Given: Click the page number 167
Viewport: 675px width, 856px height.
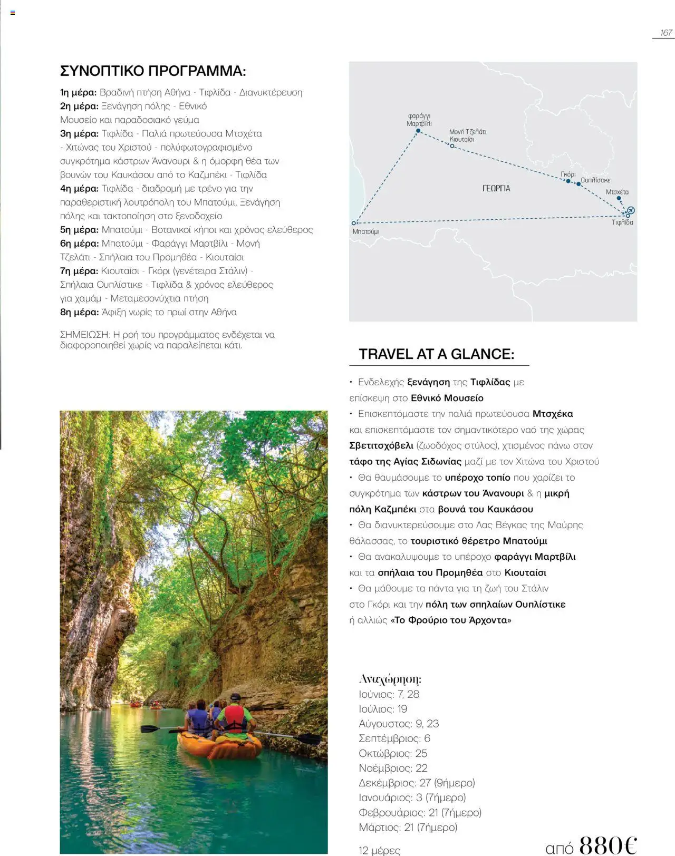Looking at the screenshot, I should [666, 33].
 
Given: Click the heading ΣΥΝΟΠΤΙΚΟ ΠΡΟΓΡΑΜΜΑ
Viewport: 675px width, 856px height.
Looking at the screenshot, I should [153, 71].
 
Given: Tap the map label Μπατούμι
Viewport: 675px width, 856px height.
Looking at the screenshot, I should [366, 231].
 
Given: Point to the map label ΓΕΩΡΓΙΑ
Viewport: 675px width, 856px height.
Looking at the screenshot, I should [496, 188].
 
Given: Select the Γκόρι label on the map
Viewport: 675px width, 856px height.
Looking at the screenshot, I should [568, 174].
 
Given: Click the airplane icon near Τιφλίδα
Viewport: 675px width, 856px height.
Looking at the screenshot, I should [631, 210].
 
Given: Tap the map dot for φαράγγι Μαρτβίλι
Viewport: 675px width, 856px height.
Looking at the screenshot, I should [418, 131].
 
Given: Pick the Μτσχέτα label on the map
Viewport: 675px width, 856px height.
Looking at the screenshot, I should [617, 192].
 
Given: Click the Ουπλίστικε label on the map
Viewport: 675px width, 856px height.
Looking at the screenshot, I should [595, 180].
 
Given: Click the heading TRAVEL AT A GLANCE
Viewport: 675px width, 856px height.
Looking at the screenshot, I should [436, 354].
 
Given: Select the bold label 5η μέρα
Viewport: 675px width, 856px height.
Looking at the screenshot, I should [79, 230].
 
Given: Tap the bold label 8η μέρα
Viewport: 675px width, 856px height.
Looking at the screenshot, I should [79, 312].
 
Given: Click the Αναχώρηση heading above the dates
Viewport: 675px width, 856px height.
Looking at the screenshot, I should [390, 679].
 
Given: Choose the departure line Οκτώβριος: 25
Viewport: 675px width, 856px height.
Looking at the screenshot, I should [393, 753].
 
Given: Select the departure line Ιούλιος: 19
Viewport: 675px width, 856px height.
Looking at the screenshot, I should [383, 709].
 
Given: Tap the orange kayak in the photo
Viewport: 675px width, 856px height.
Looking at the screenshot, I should [220, 746].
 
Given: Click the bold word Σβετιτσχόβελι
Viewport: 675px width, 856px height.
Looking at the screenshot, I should [381, 446].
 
